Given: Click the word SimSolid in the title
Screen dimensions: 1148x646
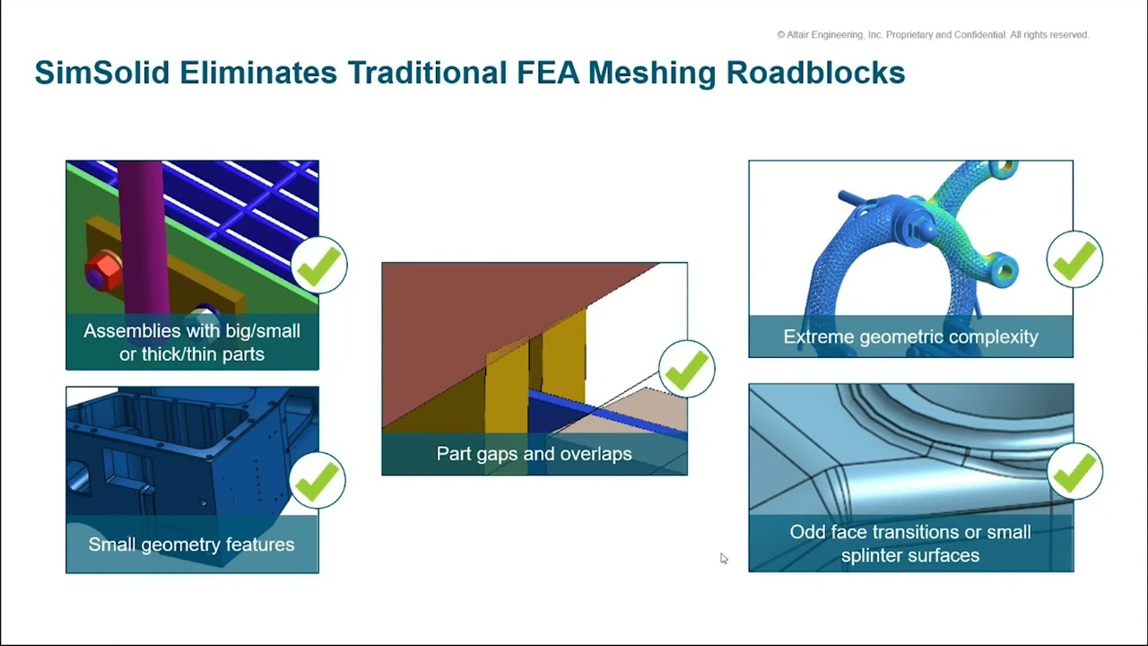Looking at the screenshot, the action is (x=102, y=73).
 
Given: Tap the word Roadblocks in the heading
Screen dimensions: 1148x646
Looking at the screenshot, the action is (x=815, y=73).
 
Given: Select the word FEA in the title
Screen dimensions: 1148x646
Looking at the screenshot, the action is (x=547, y=73).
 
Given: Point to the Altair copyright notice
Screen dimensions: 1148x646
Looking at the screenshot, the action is (x=933, y=35).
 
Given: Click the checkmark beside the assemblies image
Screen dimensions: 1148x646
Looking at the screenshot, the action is (x=318, y=265).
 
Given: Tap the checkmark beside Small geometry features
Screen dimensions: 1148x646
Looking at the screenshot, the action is (x=317, y=480).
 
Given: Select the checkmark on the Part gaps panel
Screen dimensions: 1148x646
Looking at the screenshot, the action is (x=687, y=369).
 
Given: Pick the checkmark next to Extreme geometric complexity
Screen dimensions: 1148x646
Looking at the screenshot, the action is (x=1074, y=259).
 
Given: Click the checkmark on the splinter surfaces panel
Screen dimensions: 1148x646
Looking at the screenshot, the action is (x=1074, y=471).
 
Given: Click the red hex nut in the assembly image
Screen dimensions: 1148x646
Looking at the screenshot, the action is (x=103, y=270).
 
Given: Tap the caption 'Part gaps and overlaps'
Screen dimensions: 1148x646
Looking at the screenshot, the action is (x=534, y=454).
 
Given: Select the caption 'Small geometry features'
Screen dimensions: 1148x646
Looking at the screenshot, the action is (x=191, y=545).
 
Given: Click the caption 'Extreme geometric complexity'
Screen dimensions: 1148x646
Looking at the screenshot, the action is (x=910, y=336).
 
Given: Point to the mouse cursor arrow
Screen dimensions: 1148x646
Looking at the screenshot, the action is (x=724, y=558).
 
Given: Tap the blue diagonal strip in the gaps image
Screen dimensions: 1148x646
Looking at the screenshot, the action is (x=607, y=413).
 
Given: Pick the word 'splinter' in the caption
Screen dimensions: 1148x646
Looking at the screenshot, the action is (x=876, y=555).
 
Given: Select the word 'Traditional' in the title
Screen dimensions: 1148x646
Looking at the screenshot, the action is (x=428, y=73).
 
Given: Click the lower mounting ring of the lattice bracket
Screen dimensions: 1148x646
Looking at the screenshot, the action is (x=1004, y=270).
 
